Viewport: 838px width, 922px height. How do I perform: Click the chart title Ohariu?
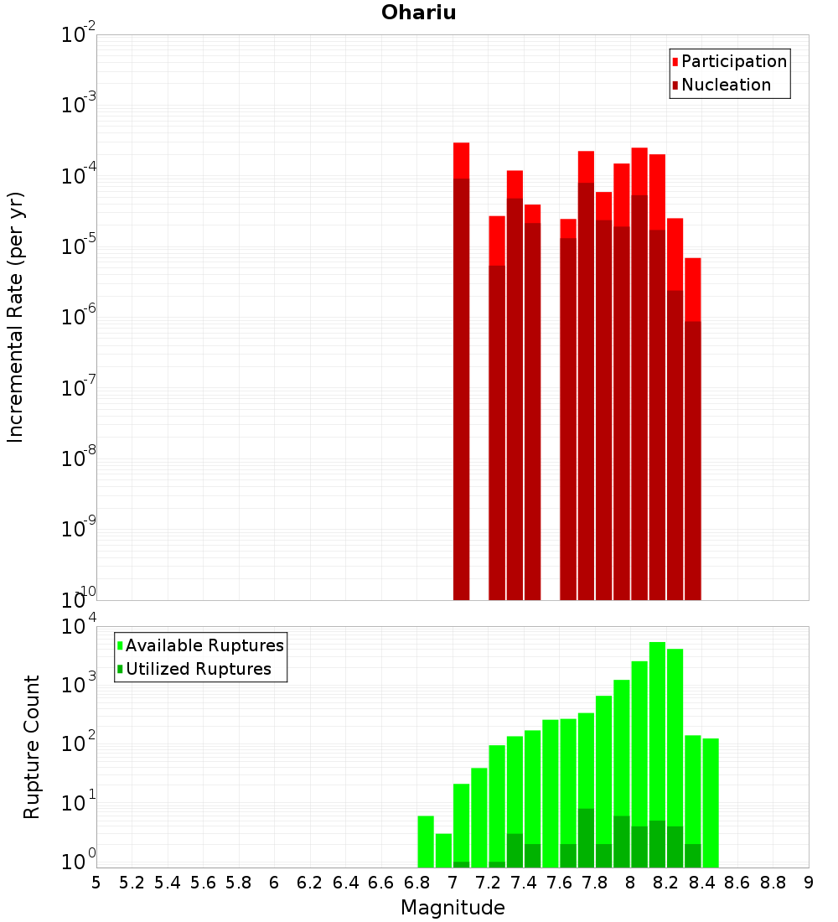418,13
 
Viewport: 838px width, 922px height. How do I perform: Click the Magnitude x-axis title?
453,908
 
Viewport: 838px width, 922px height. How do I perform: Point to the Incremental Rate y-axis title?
16,317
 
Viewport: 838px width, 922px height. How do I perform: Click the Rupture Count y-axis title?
32,747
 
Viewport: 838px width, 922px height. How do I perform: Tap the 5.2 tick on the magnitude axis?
132,883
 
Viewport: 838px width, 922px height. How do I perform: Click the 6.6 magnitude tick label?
381,883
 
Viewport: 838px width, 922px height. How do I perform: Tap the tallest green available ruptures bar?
657,754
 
